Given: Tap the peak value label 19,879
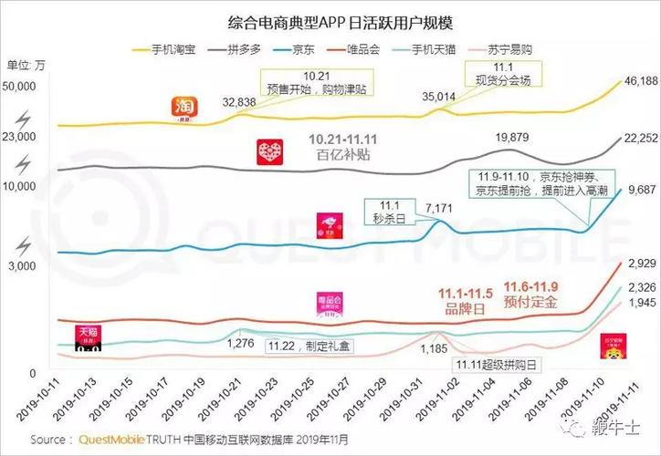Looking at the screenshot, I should tap(512, 137).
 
